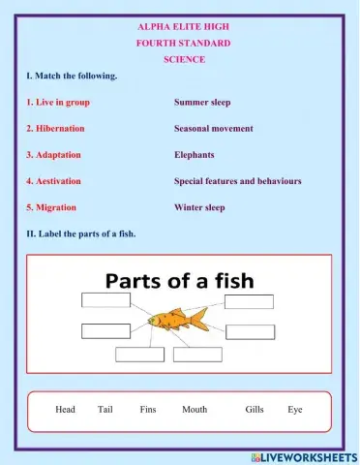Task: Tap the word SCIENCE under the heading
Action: pos(183,60)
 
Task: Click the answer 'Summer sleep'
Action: pos(202,102)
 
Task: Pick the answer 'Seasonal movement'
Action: pos(214,128)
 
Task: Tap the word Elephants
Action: pos(195,154)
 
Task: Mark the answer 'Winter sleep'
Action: pos(199,207)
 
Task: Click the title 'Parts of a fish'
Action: pos(179,281)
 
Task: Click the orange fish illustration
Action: pos(174,320)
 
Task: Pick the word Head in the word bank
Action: pos(66,410)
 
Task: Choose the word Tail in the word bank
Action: pos(105,410)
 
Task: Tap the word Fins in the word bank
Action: pos(148,410)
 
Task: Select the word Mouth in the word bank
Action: pos(195,410)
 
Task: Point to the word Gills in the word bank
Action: pos(255,410)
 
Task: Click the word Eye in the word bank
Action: pos(295,410)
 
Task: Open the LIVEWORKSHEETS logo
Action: pos(304,456)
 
